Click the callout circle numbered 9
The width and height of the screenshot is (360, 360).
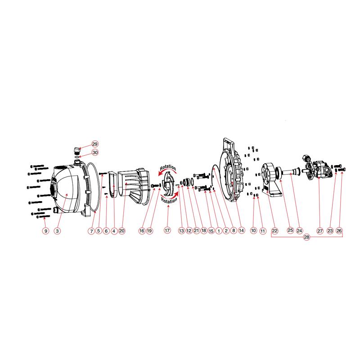pos(45,231)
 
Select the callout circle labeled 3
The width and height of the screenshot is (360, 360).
pos(57,231)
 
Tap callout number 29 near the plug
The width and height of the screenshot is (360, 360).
pos(95,144)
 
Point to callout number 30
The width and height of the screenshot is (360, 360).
pos(95,153)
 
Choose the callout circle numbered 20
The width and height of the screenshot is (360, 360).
pos(121,231)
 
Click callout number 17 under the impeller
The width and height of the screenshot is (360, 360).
pos(167,231)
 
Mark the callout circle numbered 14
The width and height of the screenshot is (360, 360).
pos(241,231)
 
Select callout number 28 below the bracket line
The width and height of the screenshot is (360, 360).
pos(307,238)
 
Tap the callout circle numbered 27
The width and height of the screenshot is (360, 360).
pos(320,231)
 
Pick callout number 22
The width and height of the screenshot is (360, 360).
pos(274,231)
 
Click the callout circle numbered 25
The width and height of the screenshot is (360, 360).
pos(290,231)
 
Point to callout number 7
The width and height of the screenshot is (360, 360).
pos(91,231)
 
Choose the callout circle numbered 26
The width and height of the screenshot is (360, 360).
pos(339,231)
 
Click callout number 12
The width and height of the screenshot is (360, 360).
pos(189,231)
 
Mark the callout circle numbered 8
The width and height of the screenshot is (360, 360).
pos(233,231)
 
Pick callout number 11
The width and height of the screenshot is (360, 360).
pos(263,231)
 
